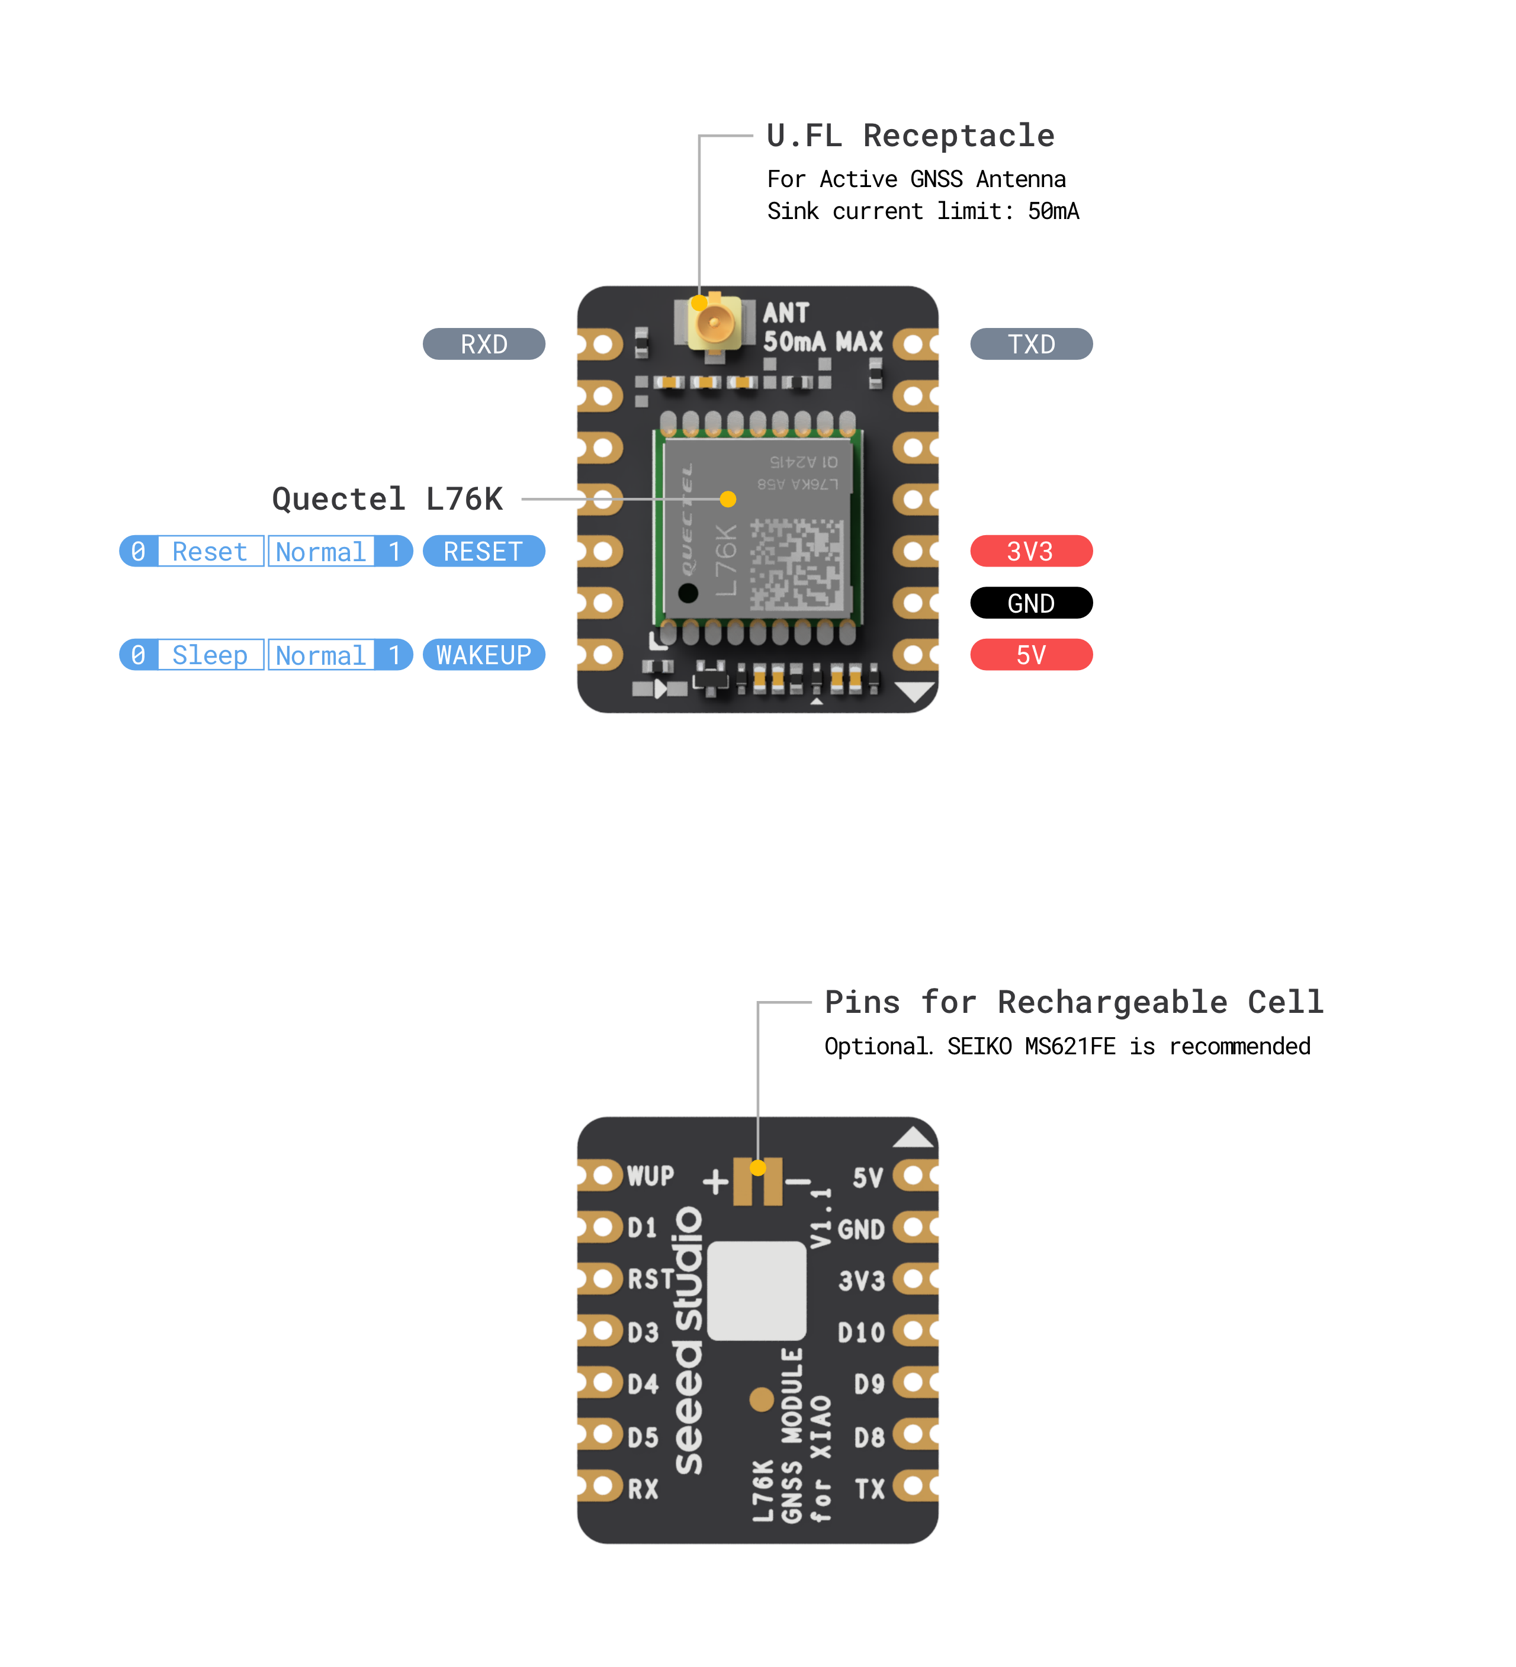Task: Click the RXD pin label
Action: (x=483, y=344)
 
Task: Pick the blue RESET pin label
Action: (x=483, y=552)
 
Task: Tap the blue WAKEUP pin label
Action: (x=483, y=655)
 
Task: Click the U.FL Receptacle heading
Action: (x=910, y=136)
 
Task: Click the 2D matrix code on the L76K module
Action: (x=797, y=565)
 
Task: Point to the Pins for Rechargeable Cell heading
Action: (x=1074, y=1002)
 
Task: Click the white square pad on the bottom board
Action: (x=756, y=1291)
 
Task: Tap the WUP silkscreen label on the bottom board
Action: (x=650, y=1176)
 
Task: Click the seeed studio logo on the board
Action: (x=688, y=1340)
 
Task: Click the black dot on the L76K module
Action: (x=688, y=593)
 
